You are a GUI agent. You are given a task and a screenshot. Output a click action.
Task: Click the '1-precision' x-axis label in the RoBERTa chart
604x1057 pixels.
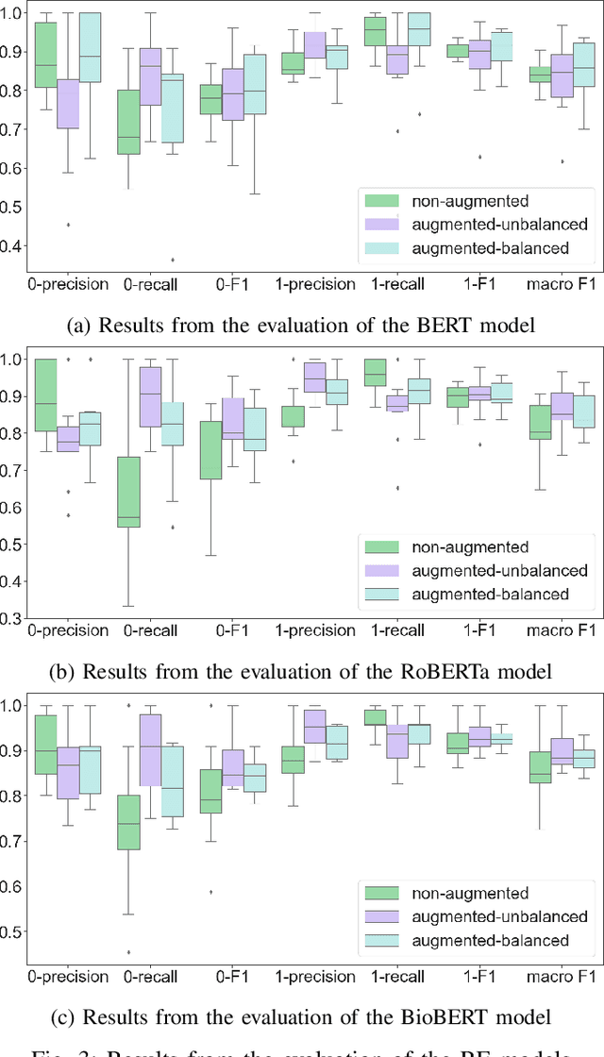click(316, 629)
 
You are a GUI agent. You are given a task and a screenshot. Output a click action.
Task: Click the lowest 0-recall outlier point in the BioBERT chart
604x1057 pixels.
click(128, 952)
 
